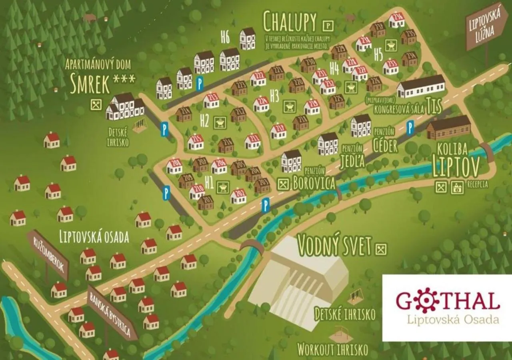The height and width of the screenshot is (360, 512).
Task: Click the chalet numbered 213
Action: [x=211, y=100]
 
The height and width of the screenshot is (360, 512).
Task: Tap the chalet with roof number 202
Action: [x=238, y=196]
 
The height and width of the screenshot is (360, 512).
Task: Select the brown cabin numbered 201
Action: [x=206, y=202]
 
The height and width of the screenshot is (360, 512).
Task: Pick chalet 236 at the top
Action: [x=397, y=20]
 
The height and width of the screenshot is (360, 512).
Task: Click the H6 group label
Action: [x=225, y=37]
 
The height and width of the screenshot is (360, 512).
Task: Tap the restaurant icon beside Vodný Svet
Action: [x=382, y=249]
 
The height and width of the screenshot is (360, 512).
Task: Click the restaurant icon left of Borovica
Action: [x=284, y=183]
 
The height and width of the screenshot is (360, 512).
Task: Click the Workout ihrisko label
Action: [x=332, y=350]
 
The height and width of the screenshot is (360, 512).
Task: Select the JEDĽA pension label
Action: [x=352, y=161]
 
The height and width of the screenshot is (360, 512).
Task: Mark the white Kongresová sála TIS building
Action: [x=421, y=87]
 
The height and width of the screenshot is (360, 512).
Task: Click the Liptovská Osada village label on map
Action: [x=94, y=237]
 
